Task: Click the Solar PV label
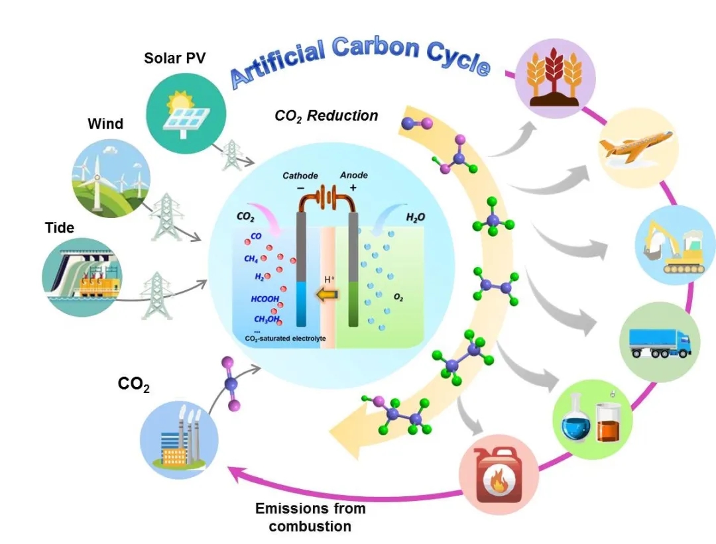175,58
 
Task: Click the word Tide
60,227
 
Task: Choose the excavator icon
676,245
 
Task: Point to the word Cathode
300,176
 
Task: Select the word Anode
353,175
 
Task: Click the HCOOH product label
265,299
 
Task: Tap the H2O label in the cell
396,217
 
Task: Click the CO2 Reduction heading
326,116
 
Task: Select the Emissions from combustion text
310,517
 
